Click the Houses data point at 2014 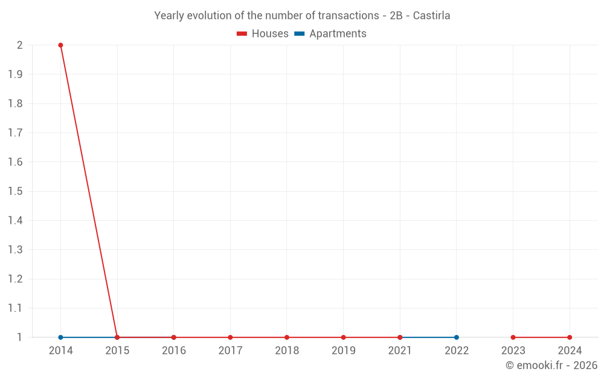[x=60, y=45]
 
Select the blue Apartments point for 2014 [x=60, y=337]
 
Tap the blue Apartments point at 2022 [x=457, y=337]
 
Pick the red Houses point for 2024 [x=570, y=337]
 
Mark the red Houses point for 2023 [x=513, y=337]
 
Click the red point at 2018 [x=287, y=337]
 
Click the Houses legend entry [x=263, y=34]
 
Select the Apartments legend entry [x=330, y=34]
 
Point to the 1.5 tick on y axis [x=15, y=191]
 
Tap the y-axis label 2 [x=20, y=45]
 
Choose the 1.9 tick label [x=15, y=74]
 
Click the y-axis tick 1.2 [x=15, y=279]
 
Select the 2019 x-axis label [x=343, y=351]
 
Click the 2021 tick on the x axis [x=400, y=351]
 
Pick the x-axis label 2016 [x=173, y=351]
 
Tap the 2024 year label [x=570, y=351]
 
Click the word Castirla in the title [x=431, y=16]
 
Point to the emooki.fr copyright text [x=551, y=365]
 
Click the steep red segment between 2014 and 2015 [x=89, y=191]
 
